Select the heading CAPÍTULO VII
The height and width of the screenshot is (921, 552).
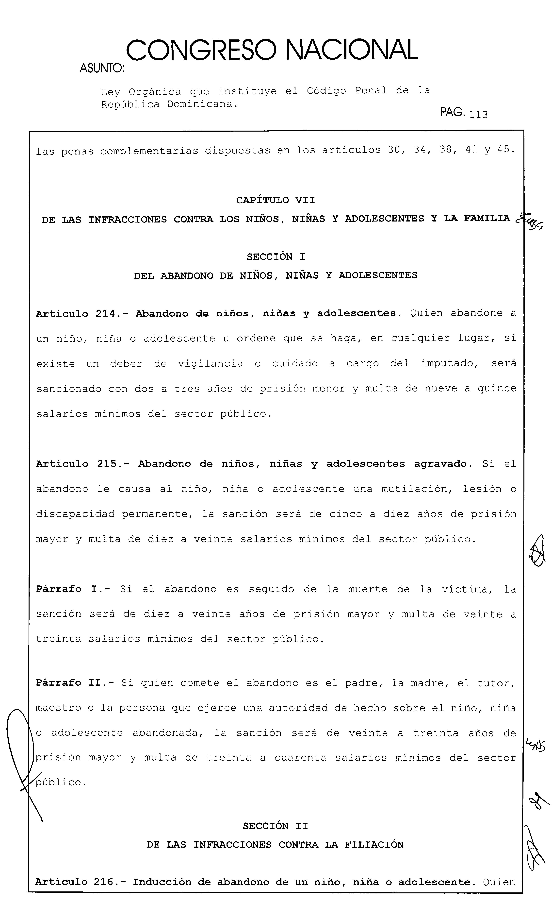(x=275, y=200)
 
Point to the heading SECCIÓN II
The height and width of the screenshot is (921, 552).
(x=275, y=826)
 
